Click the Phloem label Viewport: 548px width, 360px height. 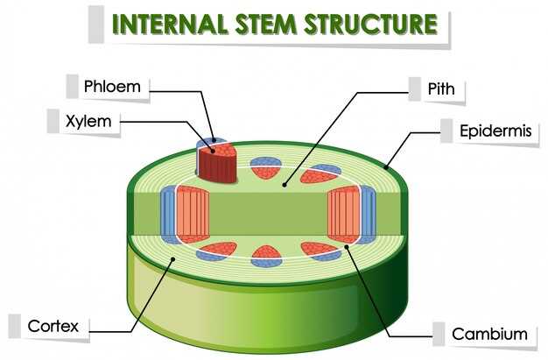click(x=112, y=87)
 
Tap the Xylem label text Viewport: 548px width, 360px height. click(x=88, y=122)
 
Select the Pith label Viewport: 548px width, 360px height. click(x=441, y=88)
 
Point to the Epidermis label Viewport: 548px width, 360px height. click(x=495, y=131)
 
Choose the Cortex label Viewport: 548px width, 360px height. click(x=53, y=326)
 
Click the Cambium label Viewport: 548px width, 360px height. click(x=489, y=334)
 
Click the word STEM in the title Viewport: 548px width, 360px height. click(x=266, y=25)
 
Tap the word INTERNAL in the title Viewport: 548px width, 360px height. click(x=169, y=25)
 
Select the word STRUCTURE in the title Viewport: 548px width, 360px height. click(x=371, y=25)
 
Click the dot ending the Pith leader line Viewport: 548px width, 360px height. click(x=285, y=185)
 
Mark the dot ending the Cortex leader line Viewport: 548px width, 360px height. click(x=172, y=259)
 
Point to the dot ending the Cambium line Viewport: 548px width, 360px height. click(x=347, y=247)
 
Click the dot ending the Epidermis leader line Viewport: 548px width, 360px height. click(x=386, y=167)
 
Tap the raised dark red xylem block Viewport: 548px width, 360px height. click(x=217, y=163)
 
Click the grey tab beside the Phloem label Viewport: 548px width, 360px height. click(x=73, y=86)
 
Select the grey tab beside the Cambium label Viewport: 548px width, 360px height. click(x=439, y=334)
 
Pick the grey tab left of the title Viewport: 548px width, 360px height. click(x=96, y=25)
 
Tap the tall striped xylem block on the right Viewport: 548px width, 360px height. click(x=344, y=214)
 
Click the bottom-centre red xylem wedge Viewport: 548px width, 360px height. click(x=267, y=252)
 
